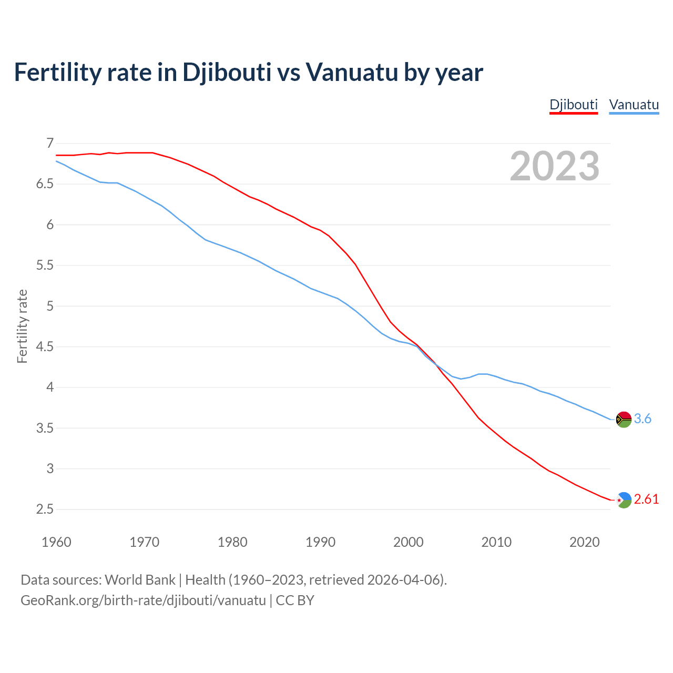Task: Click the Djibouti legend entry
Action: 574,105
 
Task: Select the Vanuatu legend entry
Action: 634,105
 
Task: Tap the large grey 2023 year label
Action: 554,166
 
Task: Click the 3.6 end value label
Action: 643,419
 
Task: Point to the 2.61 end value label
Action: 646,499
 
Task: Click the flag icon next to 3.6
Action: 624,419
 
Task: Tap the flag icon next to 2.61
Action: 624,499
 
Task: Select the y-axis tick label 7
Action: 50,143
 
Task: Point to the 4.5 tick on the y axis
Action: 45,346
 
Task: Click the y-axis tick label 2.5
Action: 45,509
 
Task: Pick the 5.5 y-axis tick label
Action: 45,266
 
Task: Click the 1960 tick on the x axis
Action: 56,542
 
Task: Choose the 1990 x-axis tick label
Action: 320,542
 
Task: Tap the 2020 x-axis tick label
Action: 584,542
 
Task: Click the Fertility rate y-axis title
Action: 22,326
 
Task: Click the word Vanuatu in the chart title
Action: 351,72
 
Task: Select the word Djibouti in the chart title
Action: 227,72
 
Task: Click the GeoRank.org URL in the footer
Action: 143,600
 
